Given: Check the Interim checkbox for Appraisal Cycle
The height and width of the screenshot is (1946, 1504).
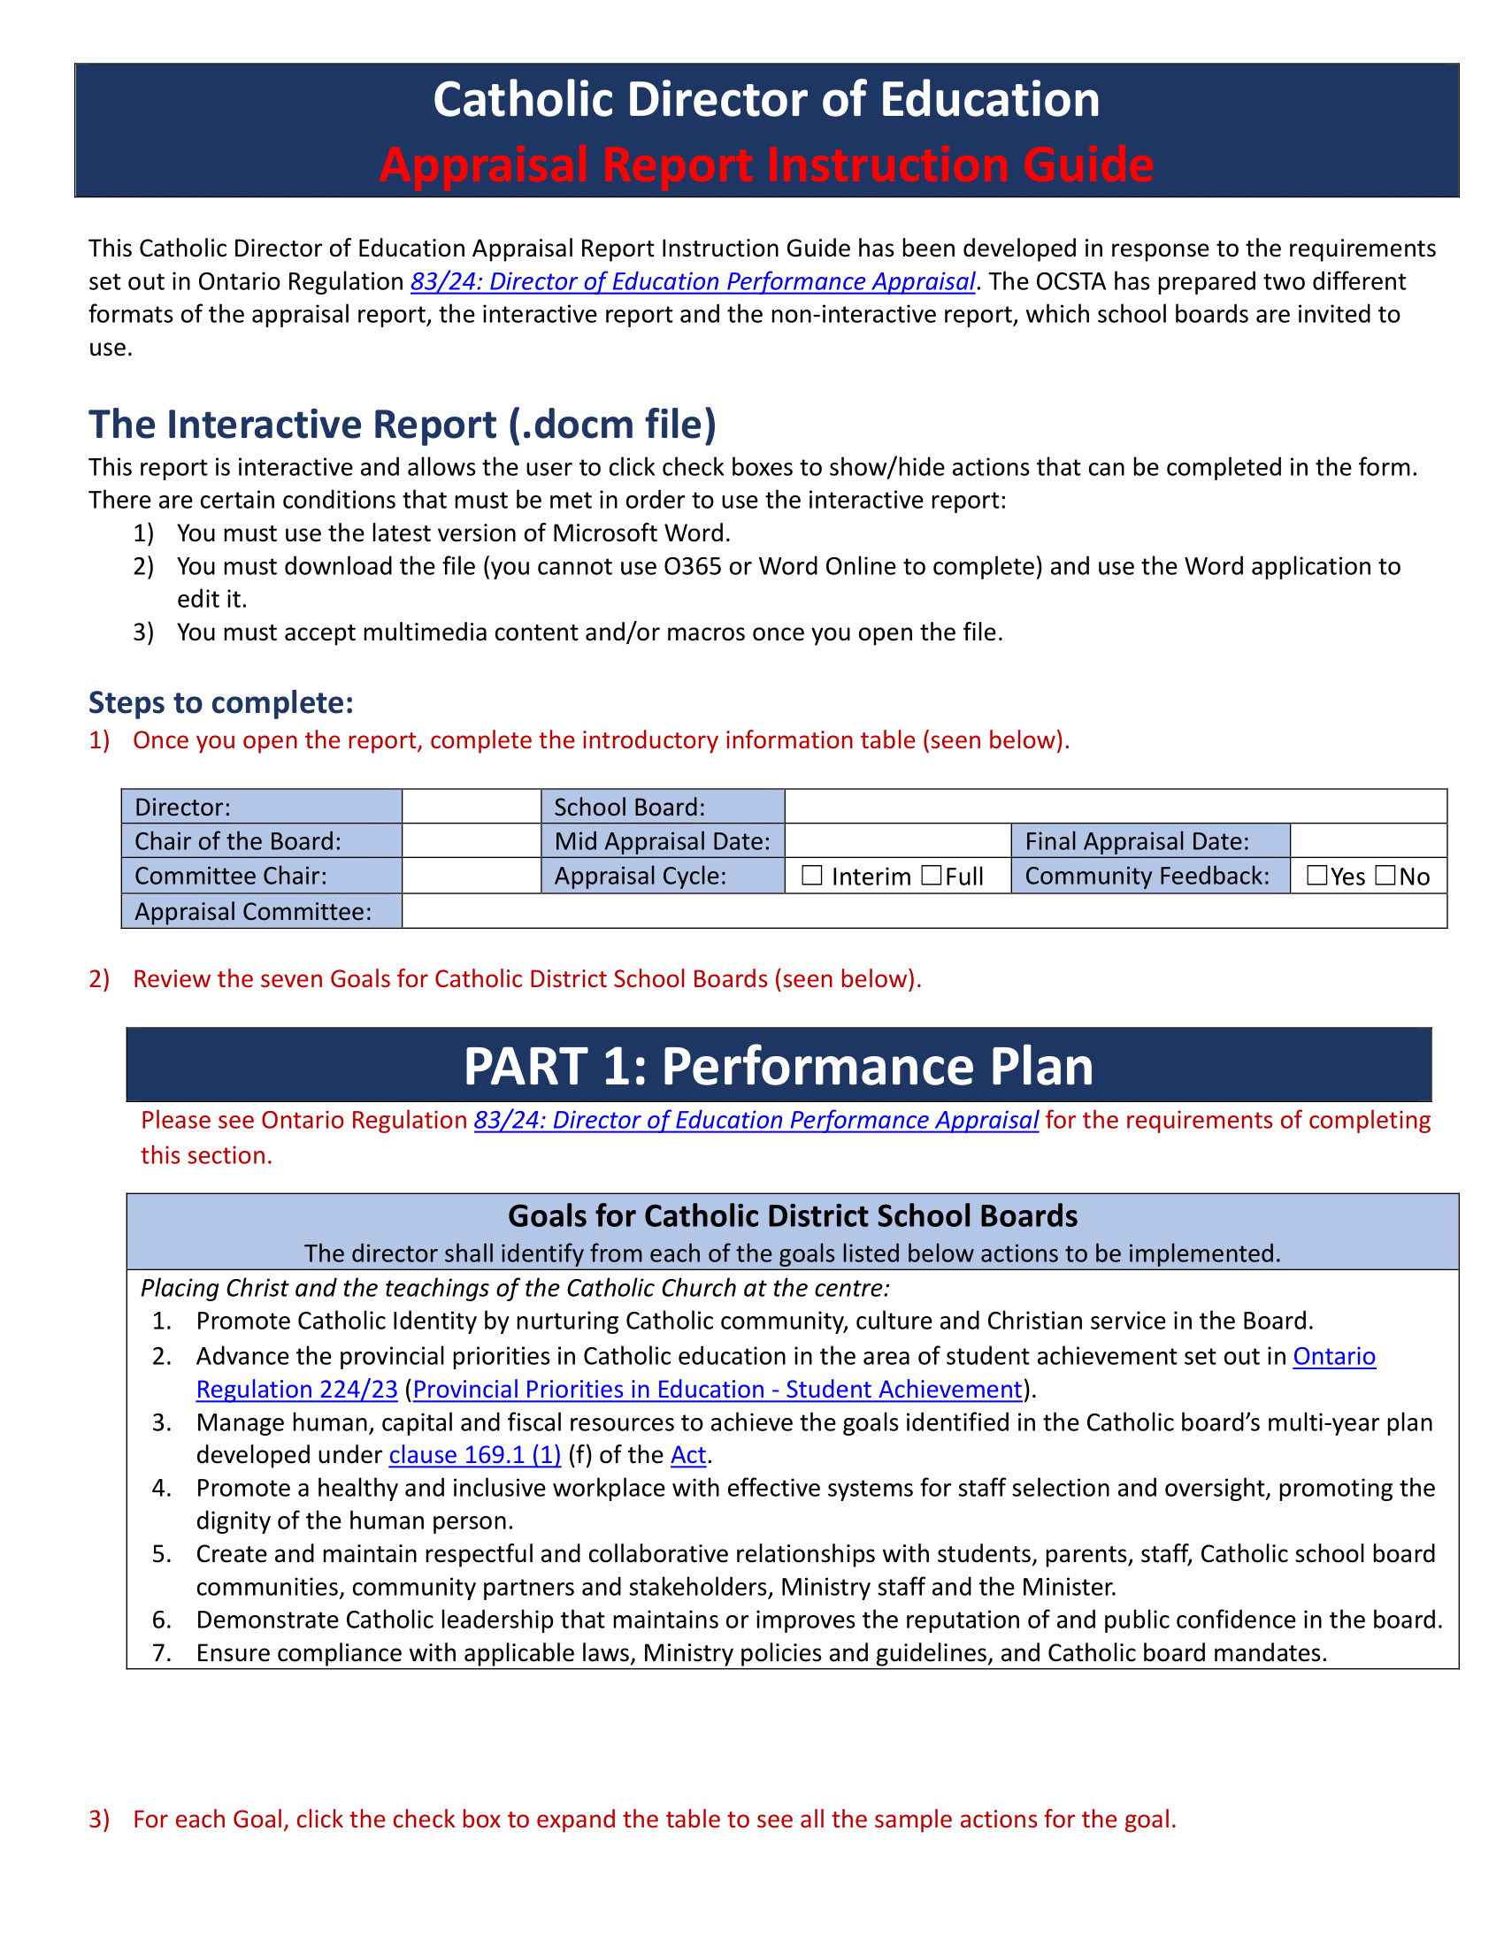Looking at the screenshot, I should coord(810,876).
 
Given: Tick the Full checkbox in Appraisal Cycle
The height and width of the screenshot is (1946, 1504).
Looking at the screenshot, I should coord(931,876).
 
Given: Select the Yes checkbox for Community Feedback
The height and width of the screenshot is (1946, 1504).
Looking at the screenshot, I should coord(1316,876).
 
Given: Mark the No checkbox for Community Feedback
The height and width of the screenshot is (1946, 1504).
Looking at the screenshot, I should coord(1385,876).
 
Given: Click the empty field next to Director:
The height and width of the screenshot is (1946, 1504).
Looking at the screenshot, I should coord(472,807).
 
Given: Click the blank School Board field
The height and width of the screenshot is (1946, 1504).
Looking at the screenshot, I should coord(1115,807).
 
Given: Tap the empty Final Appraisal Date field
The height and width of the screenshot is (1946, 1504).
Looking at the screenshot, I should coord(1368,841).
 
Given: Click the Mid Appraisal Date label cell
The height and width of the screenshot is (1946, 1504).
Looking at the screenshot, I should coord(662,841).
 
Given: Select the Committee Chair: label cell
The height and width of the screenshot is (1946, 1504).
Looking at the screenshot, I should coord(261,876).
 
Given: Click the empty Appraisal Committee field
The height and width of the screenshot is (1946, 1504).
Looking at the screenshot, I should coord(923,911).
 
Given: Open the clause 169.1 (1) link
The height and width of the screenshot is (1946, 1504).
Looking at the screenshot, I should coord(475,1455).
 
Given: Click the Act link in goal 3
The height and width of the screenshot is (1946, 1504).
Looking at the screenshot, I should coord(687,1455).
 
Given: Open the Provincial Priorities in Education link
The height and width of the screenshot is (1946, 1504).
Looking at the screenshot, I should coord(717,1390).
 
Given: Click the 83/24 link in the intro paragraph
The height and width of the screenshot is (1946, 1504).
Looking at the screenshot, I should coord(693,281).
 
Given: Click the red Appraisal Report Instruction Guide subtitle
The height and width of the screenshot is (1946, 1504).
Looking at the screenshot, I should coord(766,165).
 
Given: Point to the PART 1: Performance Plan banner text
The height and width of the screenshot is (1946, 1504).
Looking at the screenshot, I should coord(778,1066).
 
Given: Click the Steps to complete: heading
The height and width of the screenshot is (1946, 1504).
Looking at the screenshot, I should coord(221,703).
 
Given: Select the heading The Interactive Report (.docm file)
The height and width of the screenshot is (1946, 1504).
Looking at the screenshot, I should coord(402,425).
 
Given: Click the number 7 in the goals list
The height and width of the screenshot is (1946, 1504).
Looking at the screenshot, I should coord(160,1654).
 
